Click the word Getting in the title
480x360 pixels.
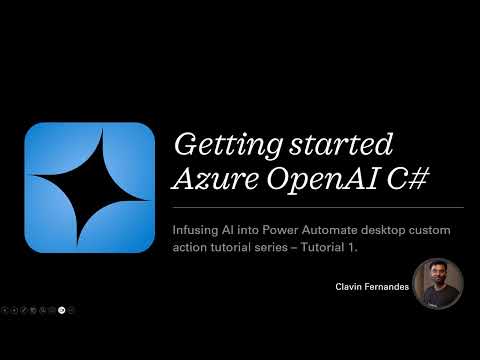pyautogui.click(x=215, y=145)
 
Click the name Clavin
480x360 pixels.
pyautogui.click(x=351, y=286)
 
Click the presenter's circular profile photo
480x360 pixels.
pyautogui.click(x=438, y=284)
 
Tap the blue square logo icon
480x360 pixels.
pyautogui.click(x=89, y=187)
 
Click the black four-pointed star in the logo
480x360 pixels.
pyautogui.click(x=89, y=187)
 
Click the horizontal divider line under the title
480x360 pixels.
pyautogui.click(x=318, y=207)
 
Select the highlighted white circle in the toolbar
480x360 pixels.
pyautogui.click(x=62, y=310)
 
